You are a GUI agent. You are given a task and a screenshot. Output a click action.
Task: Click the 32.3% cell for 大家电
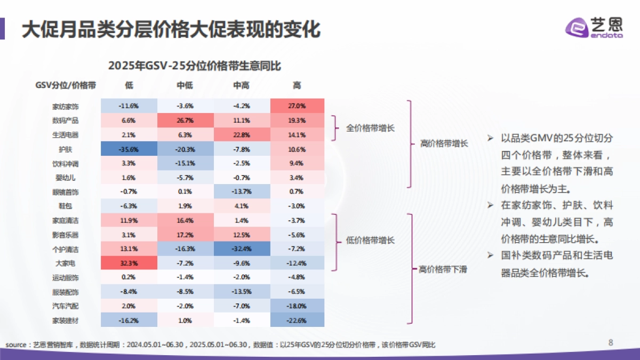(129, 263)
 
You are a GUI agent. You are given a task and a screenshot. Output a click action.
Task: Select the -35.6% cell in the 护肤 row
(129, 149)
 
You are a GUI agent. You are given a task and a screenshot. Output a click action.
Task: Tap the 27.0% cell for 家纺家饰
(297, 106)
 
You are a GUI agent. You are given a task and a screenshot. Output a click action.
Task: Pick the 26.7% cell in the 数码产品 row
(185, 120)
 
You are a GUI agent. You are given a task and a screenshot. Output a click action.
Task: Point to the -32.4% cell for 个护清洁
(241, 249)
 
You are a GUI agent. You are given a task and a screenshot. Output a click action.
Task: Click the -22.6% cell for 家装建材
(297, 320)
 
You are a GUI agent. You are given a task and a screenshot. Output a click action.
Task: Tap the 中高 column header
(241, 85)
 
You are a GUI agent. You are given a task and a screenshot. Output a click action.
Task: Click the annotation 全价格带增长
(371, 128)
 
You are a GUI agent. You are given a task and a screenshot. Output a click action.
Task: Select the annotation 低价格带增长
(371, 241)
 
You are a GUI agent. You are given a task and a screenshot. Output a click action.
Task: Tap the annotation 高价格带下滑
(443, 269)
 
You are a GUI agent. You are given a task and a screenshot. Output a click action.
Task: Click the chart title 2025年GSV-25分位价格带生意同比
(195, 66)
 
